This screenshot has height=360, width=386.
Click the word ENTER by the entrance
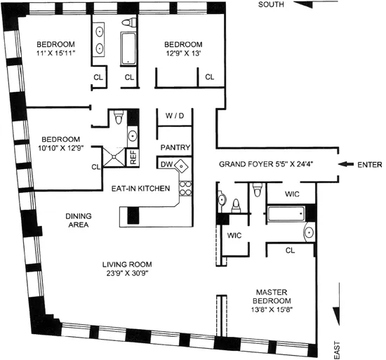coord(369,166)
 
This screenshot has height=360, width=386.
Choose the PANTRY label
coord(172,147)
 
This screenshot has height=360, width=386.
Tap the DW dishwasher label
coord(166,164)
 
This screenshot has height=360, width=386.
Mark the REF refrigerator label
coord(133,157)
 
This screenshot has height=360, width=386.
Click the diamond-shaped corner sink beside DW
coord(182,166)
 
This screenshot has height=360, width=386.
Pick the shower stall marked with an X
coord(114,156)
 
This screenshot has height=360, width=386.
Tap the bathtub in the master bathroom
coord(288,214)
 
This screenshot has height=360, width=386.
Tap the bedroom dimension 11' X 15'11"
coord(57,51)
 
